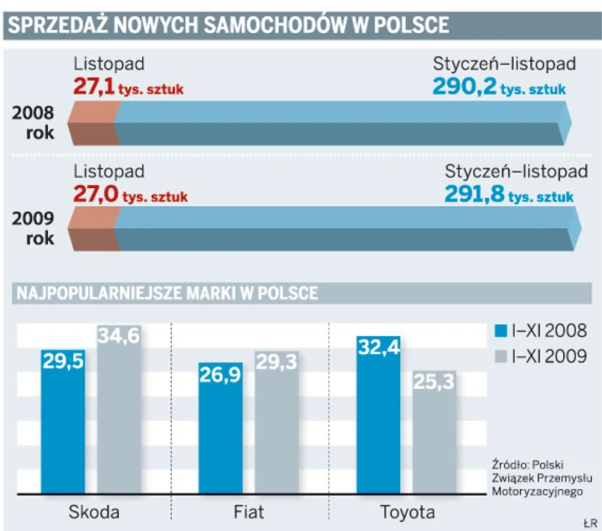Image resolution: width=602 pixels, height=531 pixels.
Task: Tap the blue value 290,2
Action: point(464,88)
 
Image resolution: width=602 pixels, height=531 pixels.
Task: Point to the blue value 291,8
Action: point(473,195)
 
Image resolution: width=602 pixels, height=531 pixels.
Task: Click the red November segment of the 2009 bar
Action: point(93,229)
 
